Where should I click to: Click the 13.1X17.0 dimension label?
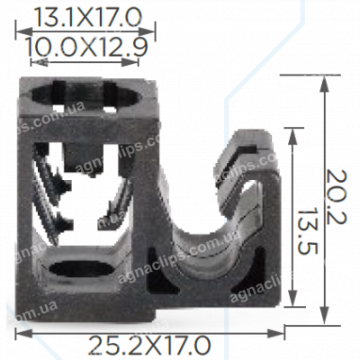pos(86,15)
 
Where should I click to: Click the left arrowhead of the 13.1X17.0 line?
pos(21,33)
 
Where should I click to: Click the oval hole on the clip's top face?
pos(88,95)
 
